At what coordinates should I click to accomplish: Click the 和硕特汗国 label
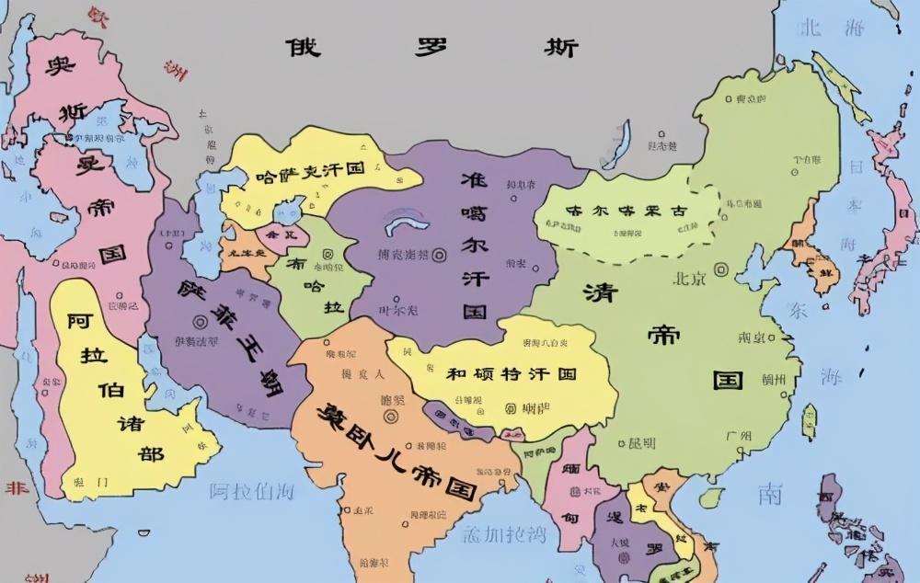click(511, 374)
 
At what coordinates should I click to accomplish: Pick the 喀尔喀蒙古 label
click(626, 211)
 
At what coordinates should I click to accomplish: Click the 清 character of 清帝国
click(600, 293)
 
